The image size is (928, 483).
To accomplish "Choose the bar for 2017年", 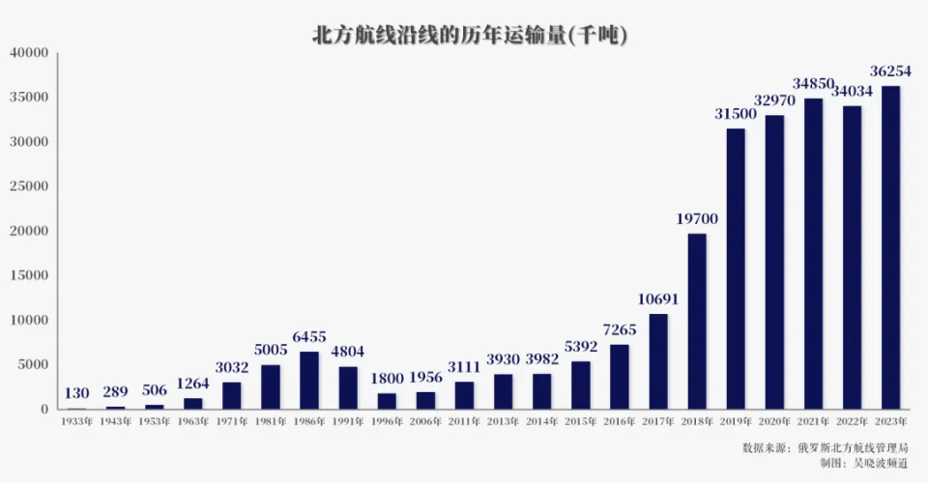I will click(658, 361).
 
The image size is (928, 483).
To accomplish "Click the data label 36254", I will click(890, 71).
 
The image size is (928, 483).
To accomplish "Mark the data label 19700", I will click(697, 219).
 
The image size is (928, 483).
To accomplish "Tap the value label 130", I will click(76, 393).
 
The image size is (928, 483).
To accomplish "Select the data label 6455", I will click(309, 337).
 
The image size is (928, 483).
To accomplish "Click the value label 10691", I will click(658, 299).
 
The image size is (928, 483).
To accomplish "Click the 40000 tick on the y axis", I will click(29, 53).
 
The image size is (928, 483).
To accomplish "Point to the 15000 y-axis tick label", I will click(29, 275).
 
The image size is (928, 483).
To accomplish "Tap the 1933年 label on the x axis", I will click(76, 422).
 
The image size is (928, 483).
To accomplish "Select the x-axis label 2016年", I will click(620, 422).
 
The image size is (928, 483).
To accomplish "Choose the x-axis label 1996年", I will click(387, 422).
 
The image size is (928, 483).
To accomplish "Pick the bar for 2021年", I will click(813, 253).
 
